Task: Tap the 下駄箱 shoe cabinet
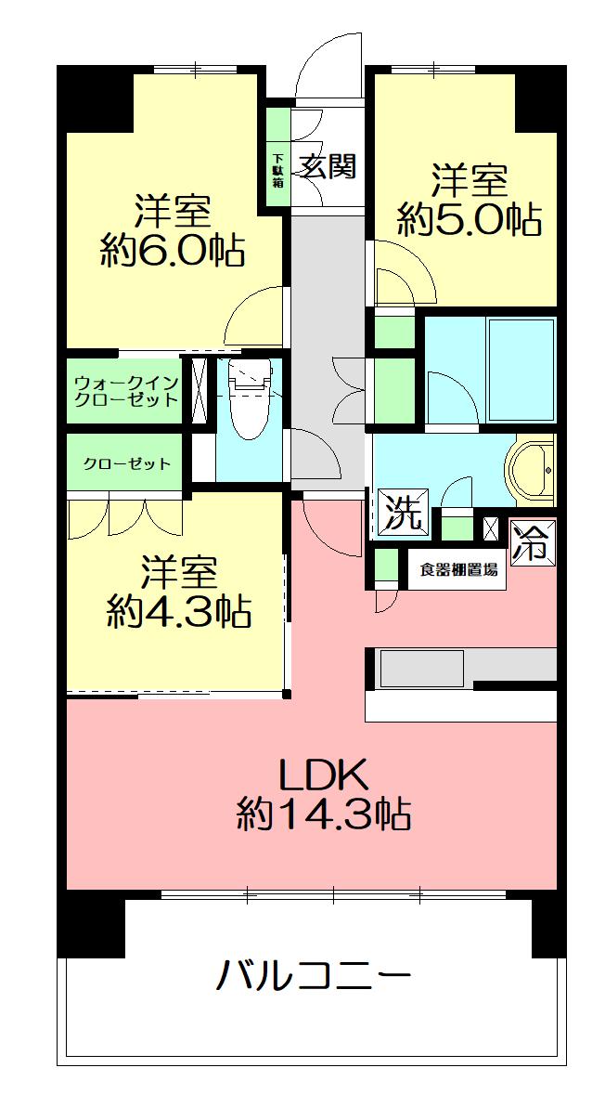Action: pyautogui.click(x=277, y=163)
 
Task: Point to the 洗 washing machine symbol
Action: pyautogui.click(x=403, y=514)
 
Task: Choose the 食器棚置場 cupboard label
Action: pyautogui.click(x=458, y=570)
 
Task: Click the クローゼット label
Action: pyautogui.click(x=127, y=463)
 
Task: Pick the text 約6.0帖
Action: pyautogui.click(x=173, y=251)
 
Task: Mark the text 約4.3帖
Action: pyautogui.click(x=178, y=612)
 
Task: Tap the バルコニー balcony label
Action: pyautogui.click(x=314, y=976)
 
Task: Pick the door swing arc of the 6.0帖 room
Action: pyautogui.click(x=251, y=318)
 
